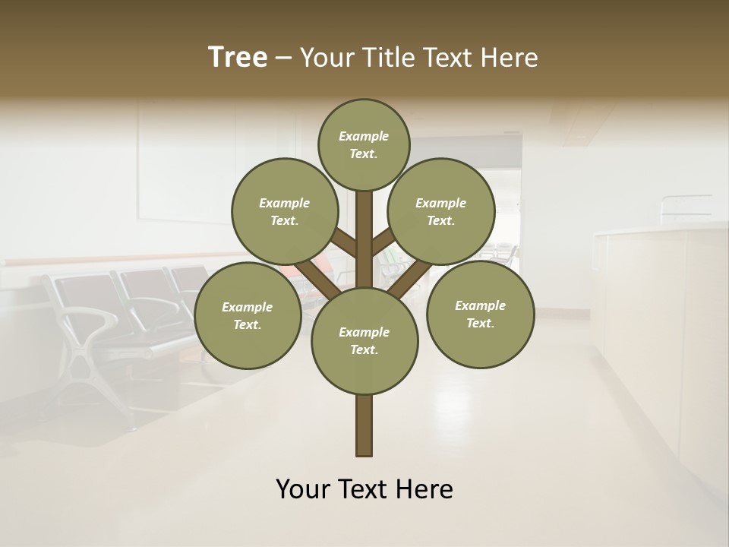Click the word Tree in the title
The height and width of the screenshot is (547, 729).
[x=238, y=58]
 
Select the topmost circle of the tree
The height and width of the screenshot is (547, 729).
[x=364, y=144]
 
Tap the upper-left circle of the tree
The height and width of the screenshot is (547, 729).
[x=285, y=211]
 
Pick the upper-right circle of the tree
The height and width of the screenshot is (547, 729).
[x=441, y=211]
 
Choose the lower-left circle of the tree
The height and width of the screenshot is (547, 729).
[x=248, y=315]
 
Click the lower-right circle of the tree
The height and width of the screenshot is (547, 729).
[x=480, y=314]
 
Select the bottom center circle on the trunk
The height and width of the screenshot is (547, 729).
[x=364, y=340]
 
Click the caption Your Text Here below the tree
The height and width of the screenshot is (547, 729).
[x=364, y=489]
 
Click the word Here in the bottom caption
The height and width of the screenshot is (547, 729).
[x=425, y=489]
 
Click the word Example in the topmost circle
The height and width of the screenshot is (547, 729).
[x=364, y=136]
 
